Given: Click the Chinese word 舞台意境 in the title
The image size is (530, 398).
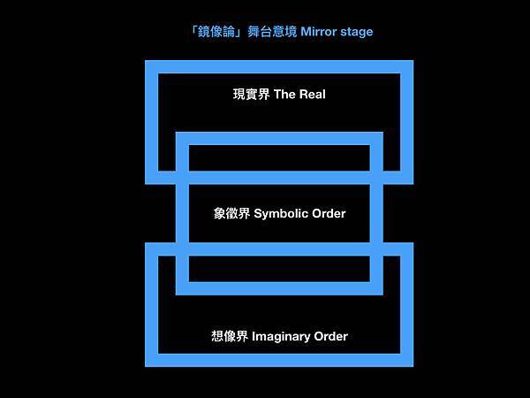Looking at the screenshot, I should (x=272, y=32).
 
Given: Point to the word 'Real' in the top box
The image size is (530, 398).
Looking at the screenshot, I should (x=312, y=93).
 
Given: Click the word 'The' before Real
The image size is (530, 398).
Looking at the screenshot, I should (x=285, y=93).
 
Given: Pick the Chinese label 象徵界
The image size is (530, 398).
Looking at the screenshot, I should (x=232, y=213).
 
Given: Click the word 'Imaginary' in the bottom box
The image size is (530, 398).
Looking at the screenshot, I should (x=283, y=336).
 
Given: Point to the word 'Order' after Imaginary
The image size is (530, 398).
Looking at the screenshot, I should (x=331, y=336).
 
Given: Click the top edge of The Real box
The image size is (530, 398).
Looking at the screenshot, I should (x=279, y=66).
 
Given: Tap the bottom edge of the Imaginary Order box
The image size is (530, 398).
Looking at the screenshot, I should (x=279, y=359).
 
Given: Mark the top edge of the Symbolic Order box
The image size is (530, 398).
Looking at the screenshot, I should (x=279, y=139).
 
